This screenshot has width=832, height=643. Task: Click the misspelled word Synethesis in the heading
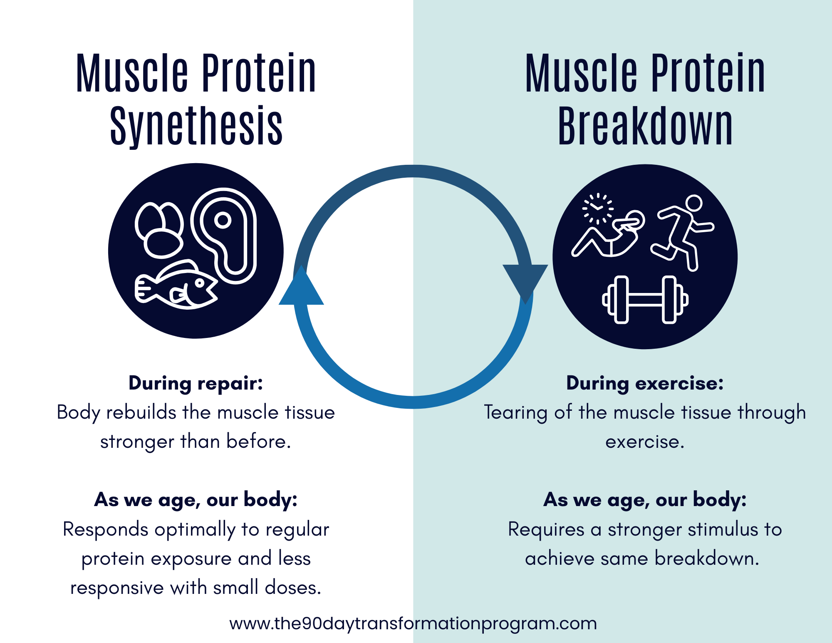click(x=196, y=126)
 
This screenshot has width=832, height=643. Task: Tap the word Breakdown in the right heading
click(x=645, y=126)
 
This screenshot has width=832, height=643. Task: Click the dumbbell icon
click(x=645, y=300)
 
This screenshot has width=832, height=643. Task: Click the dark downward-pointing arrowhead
click(x=525, y=281)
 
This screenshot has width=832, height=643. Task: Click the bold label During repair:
click(x=196, y=383)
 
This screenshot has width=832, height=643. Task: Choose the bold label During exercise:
click(x=645, y=383)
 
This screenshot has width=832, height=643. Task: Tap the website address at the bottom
click(x=413, y=623)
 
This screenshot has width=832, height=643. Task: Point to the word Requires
click(x=546, y=530)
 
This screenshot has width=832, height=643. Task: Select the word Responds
click(x=105, y=530)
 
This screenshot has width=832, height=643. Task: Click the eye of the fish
click(x=200, y=283)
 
